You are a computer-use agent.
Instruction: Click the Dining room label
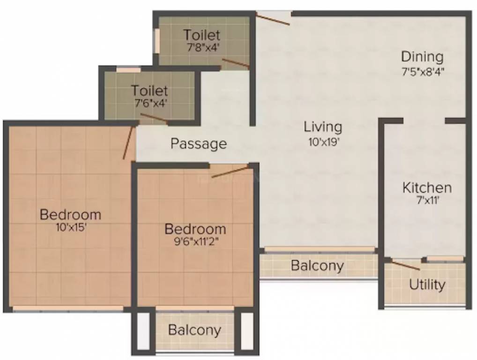click(x=422, y=57)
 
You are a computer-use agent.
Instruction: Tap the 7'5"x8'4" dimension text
click(x=422, y=72)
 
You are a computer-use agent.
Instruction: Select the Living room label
click(x=323, y=127)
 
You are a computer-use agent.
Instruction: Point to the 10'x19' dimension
click(x=323, y=142)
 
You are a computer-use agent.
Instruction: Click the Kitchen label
click(x=427, y=188)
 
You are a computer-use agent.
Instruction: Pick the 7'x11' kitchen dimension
click(x=427, y=202)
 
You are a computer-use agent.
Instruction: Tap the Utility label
click(x=427, y=285)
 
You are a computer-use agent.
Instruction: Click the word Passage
click(x=199, y=143)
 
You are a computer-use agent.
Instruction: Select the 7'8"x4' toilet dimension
click(x=201, y=47)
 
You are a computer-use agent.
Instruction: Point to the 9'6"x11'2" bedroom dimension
click(x=195, y=243)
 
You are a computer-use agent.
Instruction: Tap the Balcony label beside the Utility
click(x=317, y=266)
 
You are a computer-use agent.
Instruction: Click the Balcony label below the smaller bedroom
click(x=194, y=330)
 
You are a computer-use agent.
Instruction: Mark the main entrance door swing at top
click(x=273, y=18)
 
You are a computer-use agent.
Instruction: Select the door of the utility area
click(x=405, y=266)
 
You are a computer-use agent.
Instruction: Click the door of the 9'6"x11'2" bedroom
click(x=229, y=172)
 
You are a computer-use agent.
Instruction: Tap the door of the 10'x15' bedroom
click(x=128, y=142)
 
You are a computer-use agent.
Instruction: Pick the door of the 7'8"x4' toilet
click(x=235, y=64)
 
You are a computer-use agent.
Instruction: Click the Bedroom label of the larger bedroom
click(x=70, y=215)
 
